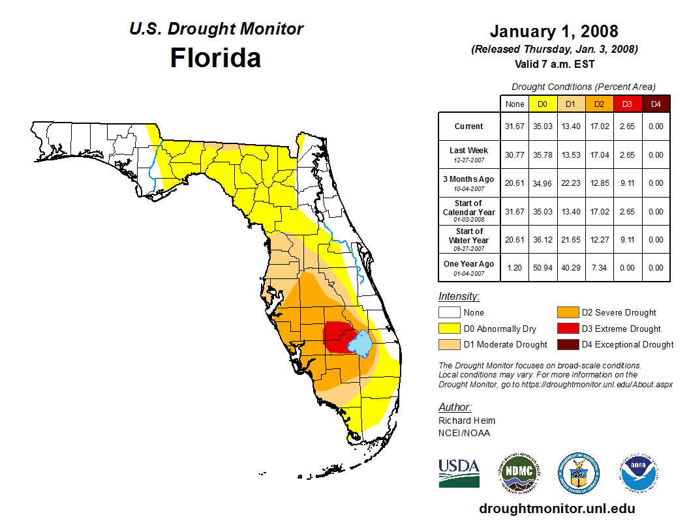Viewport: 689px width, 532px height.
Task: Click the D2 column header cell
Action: pos(599,104)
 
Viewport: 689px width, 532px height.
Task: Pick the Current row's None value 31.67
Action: pos(515,126)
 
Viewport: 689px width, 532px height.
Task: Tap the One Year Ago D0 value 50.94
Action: pos(543,268)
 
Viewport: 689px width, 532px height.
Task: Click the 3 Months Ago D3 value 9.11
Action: pos(627,183)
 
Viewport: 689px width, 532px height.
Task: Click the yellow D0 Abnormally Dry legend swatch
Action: pos(449,329)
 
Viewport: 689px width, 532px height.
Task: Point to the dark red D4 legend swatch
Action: pos(566,344)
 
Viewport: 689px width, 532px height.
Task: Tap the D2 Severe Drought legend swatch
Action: pos(566,312)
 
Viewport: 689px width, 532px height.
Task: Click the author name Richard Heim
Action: pos(467,421)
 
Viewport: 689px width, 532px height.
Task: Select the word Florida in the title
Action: pos(215,58)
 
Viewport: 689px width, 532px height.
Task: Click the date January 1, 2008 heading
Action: pos(554,31)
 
